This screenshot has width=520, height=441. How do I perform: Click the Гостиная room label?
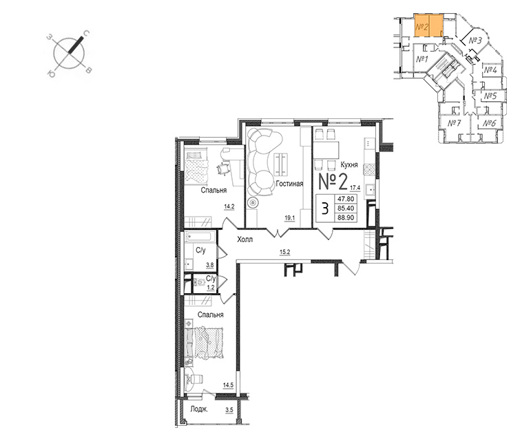tap(289, 184)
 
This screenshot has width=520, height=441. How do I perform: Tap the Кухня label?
tap(349, 164)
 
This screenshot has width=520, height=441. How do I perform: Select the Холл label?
tap(245, 239)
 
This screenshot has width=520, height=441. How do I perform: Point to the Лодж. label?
tap(199, 409)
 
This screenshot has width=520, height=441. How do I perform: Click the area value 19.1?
tap(290, 218)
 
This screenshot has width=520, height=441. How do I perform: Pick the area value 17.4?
tap(355, 188)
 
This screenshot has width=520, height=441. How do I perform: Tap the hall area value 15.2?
tap(285, 252)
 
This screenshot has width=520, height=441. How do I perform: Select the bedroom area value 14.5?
tap(229, 385)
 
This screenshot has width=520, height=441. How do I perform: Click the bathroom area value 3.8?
tap(210, 265)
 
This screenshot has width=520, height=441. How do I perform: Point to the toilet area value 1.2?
tap(211, 288)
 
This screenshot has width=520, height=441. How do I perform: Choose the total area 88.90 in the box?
tap(346, 217)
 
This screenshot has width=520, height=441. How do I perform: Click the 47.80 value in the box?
tap(346, 199)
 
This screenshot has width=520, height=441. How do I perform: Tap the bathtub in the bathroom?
tap(200, 237)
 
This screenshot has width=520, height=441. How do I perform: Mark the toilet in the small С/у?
tap(199, 283)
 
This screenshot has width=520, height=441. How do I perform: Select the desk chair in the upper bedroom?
tap(223, 169)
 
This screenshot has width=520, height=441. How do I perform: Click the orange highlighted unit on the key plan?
tap(429, 25)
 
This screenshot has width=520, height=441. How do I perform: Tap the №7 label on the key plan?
tap(455, 123)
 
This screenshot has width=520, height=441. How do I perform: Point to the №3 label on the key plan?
tap(475, 41)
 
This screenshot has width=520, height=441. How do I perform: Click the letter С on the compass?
tap(86, 34)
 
